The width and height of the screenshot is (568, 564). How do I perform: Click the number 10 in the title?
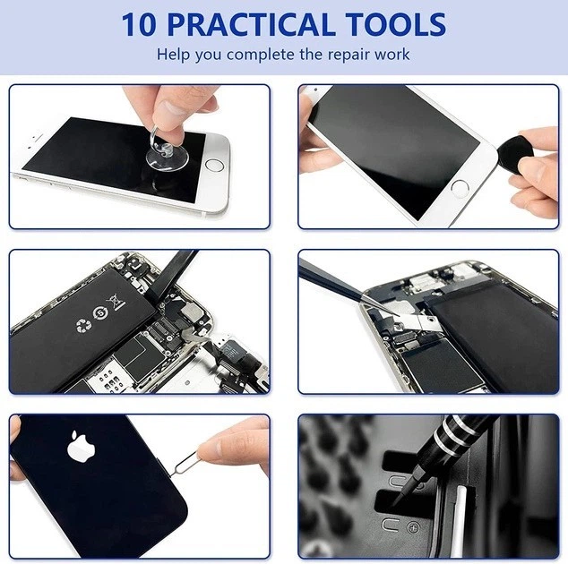[139, 24]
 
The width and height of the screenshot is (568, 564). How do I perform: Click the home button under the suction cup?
[214, 166]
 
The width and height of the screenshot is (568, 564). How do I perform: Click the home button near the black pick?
[460, 189]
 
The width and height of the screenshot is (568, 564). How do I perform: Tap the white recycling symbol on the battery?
[84, 325]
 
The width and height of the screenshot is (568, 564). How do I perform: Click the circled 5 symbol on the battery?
[99, 313]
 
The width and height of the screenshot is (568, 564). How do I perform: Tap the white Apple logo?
[82, 447]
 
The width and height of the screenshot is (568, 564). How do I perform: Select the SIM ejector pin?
[184, 464]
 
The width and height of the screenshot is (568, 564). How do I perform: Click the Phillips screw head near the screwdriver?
[413, 528]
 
